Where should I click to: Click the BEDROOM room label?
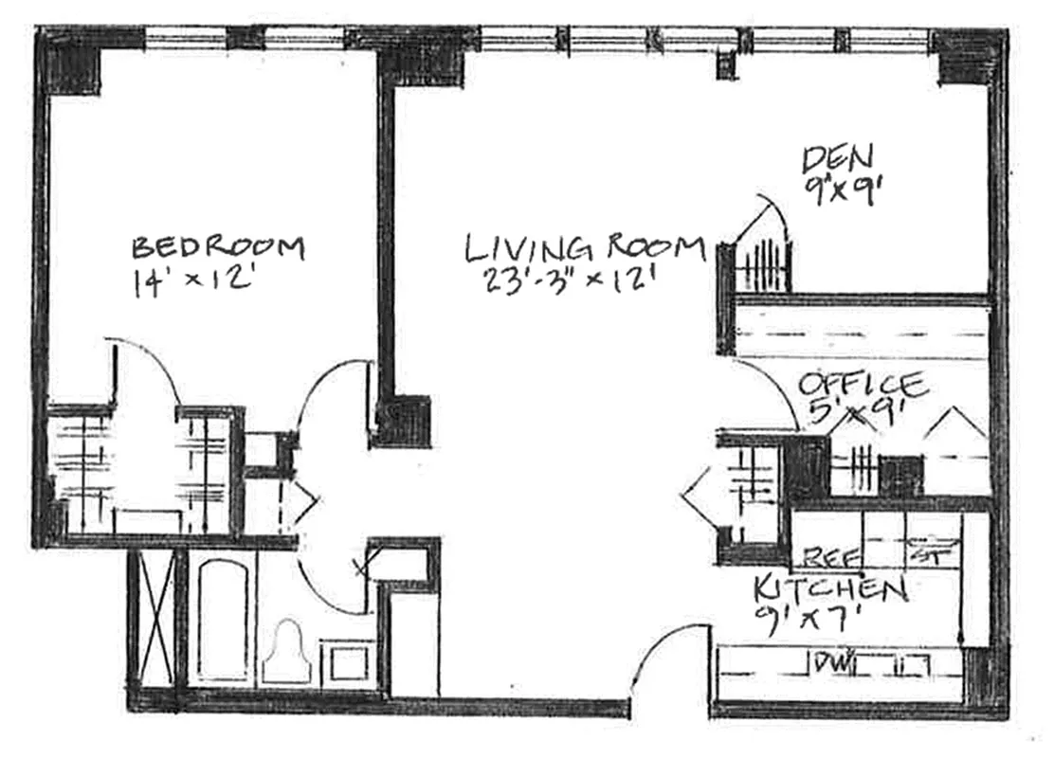218,248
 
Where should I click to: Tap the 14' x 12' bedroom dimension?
194,283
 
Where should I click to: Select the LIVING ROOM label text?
585,248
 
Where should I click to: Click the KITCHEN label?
830,590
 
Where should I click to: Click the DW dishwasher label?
830,661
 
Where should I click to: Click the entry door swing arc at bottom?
663,644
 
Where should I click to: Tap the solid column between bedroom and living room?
403,420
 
